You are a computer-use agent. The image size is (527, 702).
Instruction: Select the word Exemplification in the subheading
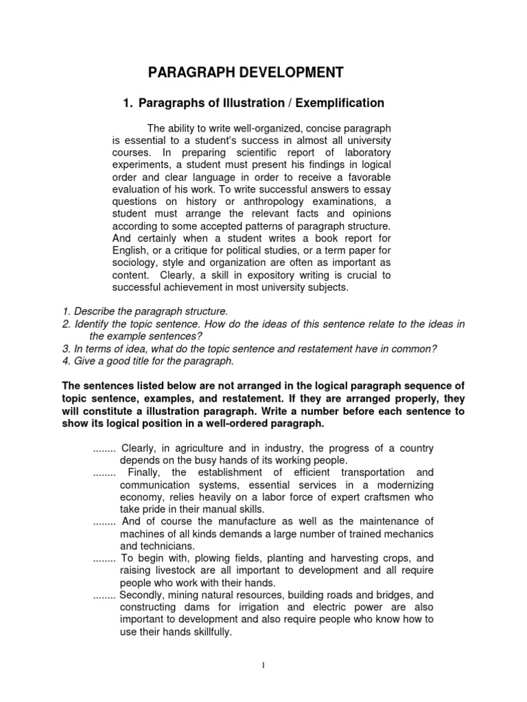click(336, 103)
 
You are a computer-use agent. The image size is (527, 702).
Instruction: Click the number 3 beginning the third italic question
click(65, 348)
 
